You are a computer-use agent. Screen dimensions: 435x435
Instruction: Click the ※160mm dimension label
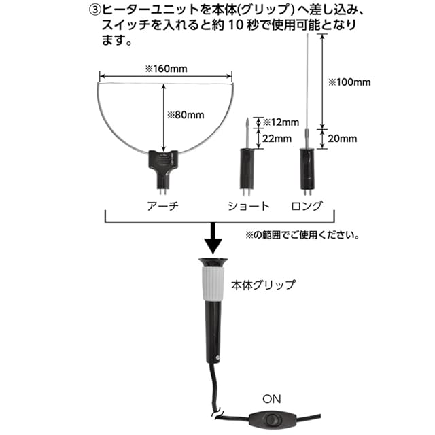(x=166, y=69)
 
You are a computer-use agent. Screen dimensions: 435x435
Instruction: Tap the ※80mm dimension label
(x=186, y=115)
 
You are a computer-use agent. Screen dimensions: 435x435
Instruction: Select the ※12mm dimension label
(x=281, y=122)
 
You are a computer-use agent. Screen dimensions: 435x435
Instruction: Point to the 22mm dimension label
(x=277, y=139)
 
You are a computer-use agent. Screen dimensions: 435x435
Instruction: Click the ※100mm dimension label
(x=349, y=82)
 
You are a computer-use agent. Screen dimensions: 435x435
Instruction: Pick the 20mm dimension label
(x=343, y=139)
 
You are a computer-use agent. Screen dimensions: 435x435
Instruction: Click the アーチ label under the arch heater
(x=163, y=206)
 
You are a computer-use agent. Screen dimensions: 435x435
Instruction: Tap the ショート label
(x=249, y=206)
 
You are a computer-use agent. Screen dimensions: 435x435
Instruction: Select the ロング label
(x=307, y=206)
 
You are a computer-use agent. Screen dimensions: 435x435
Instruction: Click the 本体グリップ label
(x=263, y=285)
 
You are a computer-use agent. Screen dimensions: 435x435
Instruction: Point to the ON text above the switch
(x=272, y=399)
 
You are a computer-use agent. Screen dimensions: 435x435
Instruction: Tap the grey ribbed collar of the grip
(x=213, y=283)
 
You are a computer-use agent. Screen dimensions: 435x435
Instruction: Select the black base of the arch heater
(x=163, y=168)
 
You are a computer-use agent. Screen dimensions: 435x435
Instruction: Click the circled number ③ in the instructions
(x=94, y=11)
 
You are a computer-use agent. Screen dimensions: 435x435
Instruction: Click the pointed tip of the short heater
(x=247, y=119)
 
